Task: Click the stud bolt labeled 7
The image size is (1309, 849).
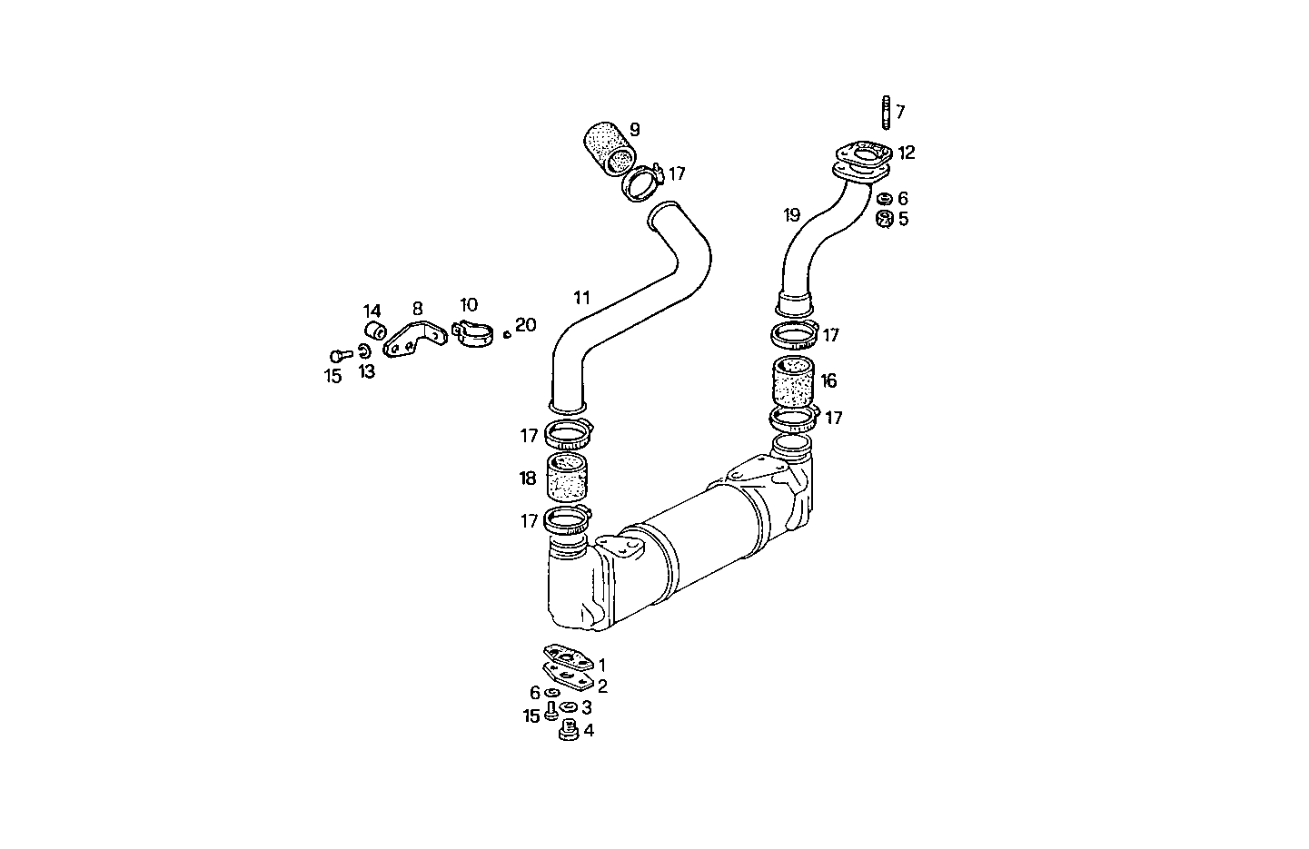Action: point(884,113)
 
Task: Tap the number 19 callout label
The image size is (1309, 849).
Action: point(791,215)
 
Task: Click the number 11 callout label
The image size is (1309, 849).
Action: point(581,297)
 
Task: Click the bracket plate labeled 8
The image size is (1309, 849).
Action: point(414,340)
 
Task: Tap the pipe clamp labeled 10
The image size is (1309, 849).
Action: point(472,333)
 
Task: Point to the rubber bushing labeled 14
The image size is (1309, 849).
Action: point(373,330)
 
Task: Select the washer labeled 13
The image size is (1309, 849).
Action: point(363,351)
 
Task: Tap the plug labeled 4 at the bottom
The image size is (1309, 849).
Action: point(570,729)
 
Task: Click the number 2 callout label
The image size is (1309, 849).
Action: point(601,686)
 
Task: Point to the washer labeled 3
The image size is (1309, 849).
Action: point(569,707)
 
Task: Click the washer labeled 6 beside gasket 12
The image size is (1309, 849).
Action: point(883,199)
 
